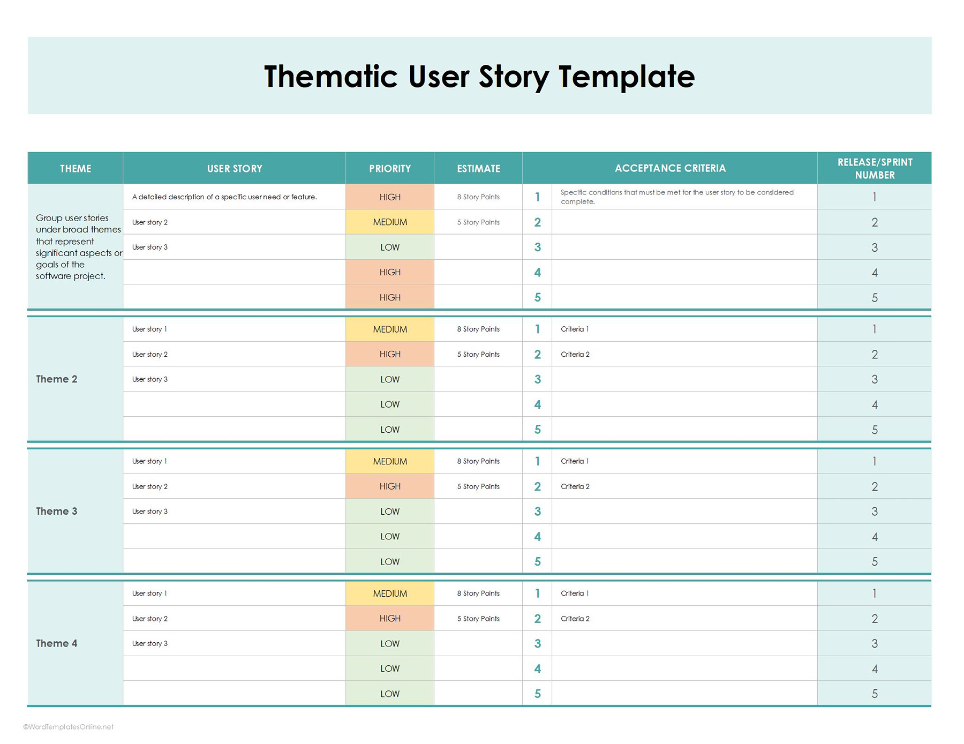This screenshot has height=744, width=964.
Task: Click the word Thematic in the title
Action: [330, 77]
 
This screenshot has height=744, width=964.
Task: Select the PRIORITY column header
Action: [390, 169]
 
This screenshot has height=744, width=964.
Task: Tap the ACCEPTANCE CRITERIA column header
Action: [670, 168]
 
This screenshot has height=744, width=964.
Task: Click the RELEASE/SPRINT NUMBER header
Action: [875, 169]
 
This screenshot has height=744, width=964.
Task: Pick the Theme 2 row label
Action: [57, 379]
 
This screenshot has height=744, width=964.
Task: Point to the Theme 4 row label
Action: [57, 643]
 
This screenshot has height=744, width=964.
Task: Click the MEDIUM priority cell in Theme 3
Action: [390, 461]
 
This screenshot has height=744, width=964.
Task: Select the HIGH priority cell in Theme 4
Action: [390, 619]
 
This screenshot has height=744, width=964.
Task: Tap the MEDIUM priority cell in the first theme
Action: [390, 222]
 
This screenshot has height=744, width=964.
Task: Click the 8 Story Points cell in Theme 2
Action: [478, 329]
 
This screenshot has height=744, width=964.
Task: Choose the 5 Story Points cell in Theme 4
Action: [478, 619]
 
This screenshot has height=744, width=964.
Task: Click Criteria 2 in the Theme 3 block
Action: [575, 486]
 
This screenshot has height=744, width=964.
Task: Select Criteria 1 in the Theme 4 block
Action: [575, 593]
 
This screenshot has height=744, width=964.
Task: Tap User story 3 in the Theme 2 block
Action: [150, 379]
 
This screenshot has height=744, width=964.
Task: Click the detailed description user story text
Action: [224, 197]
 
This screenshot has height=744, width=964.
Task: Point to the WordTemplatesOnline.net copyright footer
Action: [69, 727]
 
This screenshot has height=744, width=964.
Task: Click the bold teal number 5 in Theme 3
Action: [537, 562]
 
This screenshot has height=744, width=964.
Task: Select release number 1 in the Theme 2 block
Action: [875, 329]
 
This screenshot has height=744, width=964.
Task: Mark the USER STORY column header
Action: [235, 169]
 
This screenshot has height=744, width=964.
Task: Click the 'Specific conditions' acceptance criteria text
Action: [677, 197]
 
